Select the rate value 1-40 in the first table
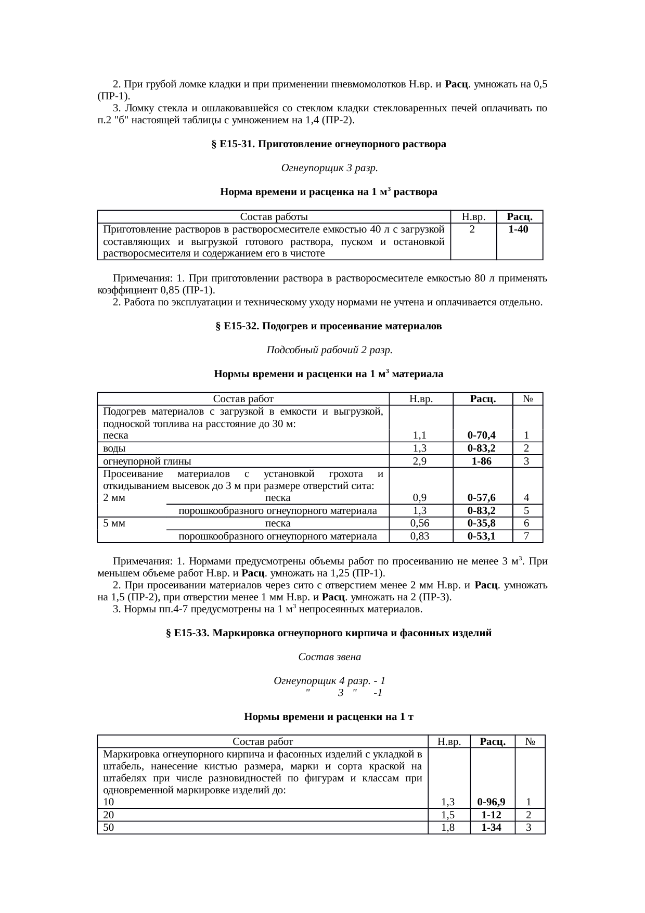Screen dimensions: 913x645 click(x=519, y=229)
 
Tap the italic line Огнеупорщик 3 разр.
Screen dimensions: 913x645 click(x=329, y=168)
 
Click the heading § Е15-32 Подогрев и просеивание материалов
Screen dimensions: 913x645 click(x=328, y=326)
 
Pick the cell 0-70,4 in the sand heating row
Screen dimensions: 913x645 click(x=481, y=435)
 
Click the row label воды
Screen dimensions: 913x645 click(x=114, y=448)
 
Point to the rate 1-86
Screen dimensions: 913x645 click(x=481, y=461)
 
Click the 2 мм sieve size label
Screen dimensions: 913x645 click(x=114, y=498)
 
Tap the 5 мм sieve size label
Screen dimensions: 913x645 click(x=114, y=523)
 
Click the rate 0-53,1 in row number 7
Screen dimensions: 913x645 click(x=481, y=536)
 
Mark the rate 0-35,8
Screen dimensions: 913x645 click(x=481, y=523)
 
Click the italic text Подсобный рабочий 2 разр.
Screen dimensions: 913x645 click(x=329, y=350)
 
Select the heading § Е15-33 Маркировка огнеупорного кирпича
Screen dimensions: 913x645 click(x=328, y=633)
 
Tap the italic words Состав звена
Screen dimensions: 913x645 click(x=329, y=657)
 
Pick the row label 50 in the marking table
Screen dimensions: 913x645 click(x=109, y=828)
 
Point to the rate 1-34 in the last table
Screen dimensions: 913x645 click(x=492, y=828)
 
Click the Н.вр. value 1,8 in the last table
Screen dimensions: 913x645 click(x=448, y=828)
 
